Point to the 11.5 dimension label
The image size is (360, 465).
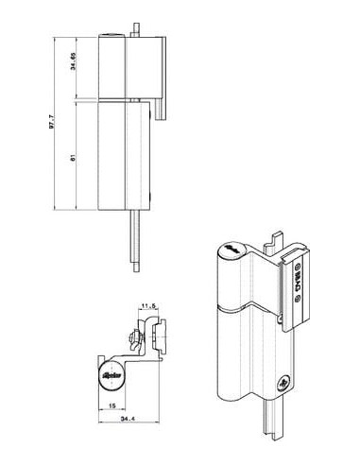pyautogui.click(x=147, y=304)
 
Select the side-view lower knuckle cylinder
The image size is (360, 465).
pyautogui.click(x=111, y=156)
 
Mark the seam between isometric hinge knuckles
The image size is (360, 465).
pyautogui.click(x=239, y=309)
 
